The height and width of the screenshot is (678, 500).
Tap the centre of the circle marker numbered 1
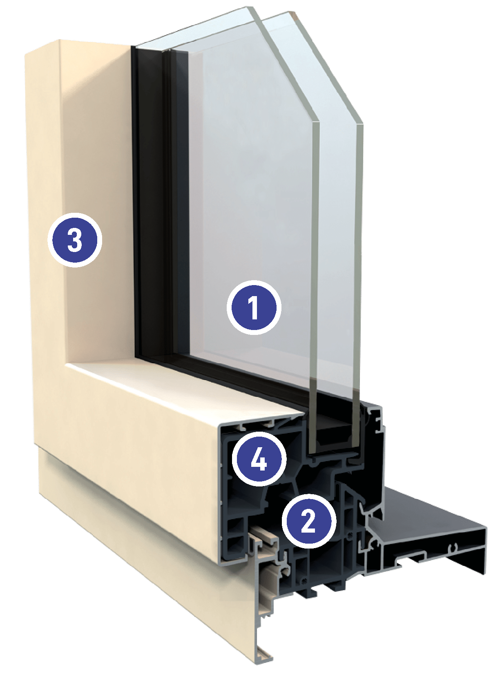coord(254,308)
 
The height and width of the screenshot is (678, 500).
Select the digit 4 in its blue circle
coord(259,460)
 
